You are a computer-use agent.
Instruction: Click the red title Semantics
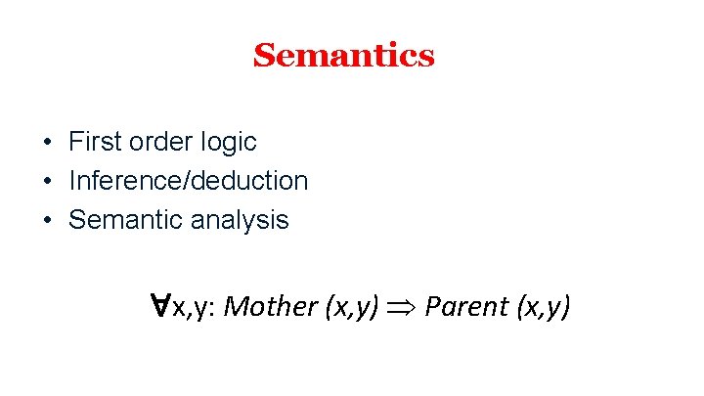click(343, 56)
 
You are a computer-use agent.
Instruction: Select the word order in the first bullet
click(158, 142)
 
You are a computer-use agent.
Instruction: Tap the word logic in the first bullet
click(230, 143)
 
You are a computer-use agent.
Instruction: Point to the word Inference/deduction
click(188, 181)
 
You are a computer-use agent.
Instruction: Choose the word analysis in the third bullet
click(240, 221)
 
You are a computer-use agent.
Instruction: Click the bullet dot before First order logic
click(47, 143)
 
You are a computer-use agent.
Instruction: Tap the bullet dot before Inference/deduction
click(47, 182)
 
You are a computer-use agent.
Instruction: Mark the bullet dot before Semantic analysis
click(47, 221)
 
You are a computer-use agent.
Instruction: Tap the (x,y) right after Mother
click(349, 307)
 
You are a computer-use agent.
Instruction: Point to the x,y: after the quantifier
click(193, 308)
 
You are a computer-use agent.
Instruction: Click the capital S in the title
click(263, 56)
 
